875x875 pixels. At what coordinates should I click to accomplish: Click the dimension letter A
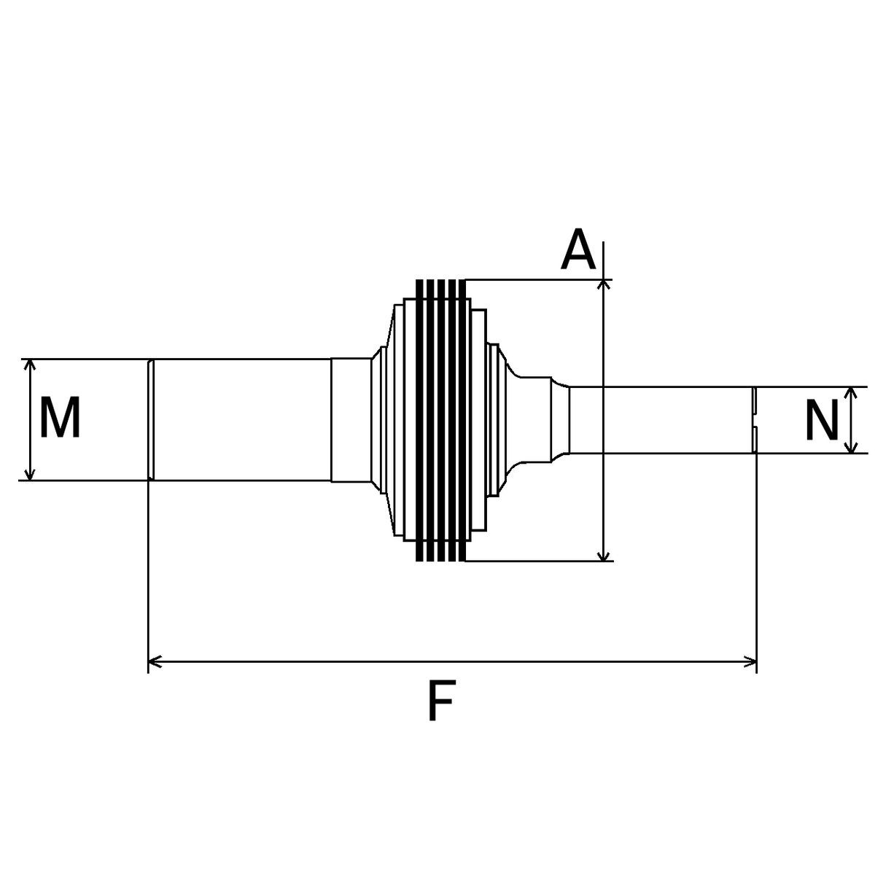click(578, 249)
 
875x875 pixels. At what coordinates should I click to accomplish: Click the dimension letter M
click(60, 419)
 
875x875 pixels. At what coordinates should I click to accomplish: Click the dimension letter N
click(822, 421)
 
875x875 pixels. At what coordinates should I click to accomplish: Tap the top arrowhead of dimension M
click(29, 365)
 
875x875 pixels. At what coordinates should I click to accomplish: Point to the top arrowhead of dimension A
click(604, 286)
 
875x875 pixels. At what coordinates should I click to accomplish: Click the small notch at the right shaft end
click(755, 420)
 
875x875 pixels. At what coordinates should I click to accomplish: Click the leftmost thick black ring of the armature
click(419, 420)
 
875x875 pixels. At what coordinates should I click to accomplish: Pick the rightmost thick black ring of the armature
click(462, 420)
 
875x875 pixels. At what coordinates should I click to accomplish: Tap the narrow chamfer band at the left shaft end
click(151, 420)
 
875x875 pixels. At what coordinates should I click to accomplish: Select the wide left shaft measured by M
click(241, 420)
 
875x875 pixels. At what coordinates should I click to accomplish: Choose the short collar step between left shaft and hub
click(351, 420)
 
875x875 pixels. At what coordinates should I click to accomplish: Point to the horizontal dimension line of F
click(452, 662)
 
